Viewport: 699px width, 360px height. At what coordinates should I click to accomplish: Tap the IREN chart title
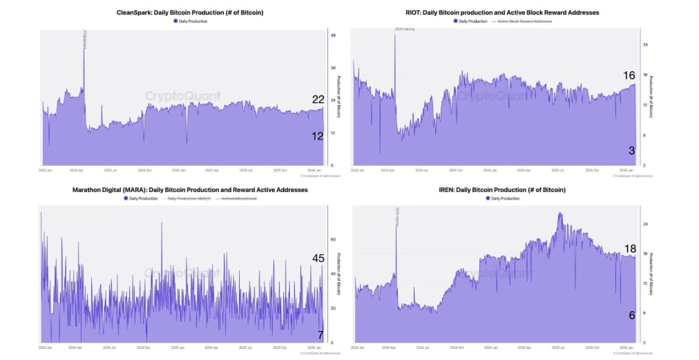click(501, 189)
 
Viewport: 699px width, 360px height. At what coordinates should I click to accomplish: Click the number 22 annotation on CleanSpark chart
click(318, 100)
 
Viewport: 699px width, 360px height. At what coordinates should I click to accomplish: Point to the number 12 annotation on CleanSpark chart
click(318, 136)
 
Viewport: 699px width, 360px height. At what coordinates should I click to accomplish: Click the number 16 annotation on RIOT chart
click(629, 75)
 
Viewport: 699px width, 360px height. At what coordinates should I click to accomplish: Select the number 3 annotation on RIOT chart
click(632, 151)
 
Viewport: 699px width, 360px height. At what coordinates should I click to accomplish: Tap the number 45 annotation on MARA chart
click(318, 258)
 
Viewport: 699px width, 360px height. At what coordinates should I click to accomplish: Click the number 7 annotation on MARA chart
click(320, 334)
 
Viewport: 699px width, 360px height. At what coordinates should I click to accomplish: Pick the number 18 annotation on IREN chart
click(630, 249)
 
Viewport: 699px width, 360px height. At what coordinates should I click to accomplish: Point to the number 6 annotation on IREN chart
click(632, 314)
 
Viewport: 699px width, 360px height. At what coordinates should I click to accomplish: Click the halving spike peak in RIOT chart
click(395, 35)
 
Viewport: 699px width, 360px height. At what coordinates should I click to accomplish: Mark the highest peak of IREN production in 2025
click(559, 214)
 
